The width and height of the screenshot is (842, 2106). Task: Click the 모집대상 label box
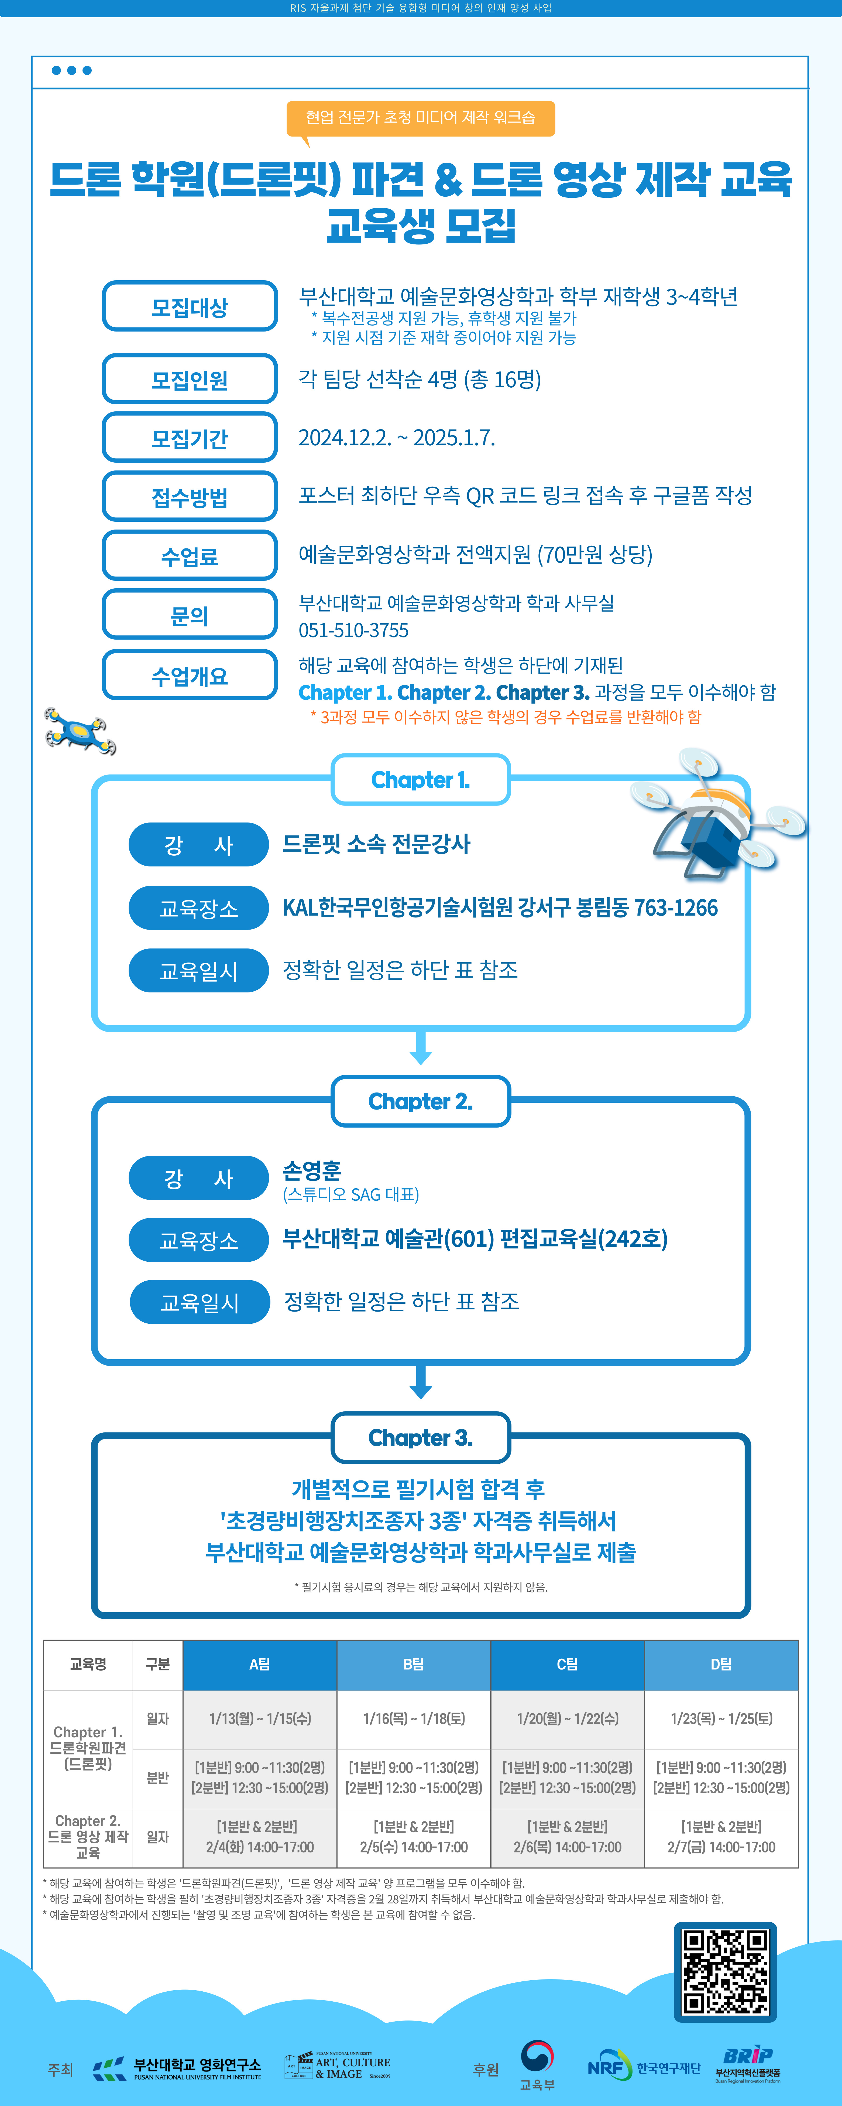tap(190, 307)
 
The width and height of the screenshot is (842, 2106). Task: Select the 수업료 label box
tap(190, 556)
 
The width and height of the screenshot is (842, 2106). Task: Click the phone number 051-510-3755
tap(353, 630)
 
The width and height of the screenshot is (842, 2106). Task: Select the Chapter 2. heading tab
tap(420, 1101)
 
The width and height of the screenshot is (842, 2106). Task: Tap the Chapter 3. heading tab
tap(420, 1437)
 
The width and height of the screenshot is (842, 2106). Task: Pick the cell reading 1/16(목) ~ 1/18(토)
tap(414, 1718)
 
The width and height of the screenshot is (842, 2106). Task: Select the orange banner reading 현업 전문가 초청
tap(420, 118)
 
